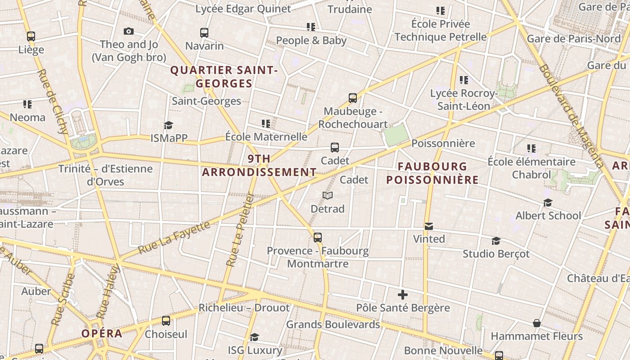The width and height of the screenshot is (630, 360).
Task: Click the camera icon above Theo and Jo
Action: pos(129,31)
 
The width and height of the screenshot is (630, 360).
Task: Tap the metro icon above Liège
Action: pos(31,36)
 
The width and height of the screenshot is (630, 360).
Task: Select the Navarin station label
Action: pos(204,46)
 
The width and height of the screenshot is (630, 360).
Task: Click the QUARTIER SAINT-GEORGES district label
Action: pos(224,77)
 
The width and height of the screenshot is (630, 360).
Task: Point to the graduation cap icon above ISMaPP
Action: pos(169,125)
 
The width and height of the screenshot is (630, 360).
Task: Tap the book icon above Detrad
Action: pos(328,196)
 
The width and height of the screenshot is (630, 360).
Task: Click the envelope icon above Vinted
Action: pos(429,226)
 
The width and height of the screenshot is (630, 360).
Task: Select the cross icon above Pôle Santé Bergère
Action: pos(403,295)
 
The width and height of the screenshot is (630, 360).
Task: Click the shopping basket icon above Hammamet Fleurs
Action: pos(536,323)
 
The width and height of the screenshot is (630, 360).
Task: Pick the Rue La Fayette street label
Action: pos(174,238)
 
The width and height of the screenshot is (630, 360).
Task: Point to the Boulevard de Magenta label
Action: pos(571,116)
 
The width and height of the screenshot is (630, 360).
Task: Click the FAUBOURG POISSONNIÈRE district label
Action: pos(432,173)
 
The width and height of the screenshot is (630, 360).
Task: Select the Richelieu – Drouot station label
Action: pos(244,308)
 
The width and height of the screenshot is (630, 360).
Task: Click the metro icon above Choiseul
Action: pos(166,321)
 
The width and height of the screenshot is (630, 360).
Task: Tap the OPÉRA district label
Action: pos(102,333)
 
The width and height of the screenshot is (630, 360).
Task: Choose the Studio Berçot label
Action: pos(496,254)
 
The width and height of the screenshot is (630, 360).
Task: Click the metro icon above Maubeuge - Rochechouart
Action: pos(353,98)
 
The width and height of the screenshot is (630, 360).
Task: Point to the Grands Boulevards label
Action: pos(333,324)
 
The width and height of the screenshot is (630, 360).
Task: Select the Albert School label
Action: pos(548,216)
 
